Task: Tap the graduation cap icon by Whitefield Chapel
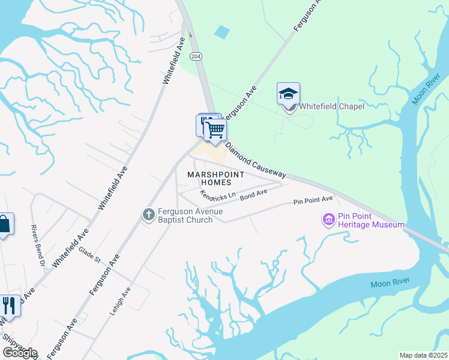point(288,94)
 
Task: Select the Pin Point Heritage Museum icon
point(328,220)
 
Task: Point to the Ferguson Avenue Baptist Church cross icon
point(148,214)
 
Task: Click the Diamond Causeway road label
point(256,160)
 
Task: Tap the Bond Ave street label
point(253,194)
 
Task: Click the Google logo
point(20,353)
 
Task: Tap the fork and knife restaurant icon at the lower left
point(8,306)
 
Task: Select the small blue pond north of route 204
point(221,32)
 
